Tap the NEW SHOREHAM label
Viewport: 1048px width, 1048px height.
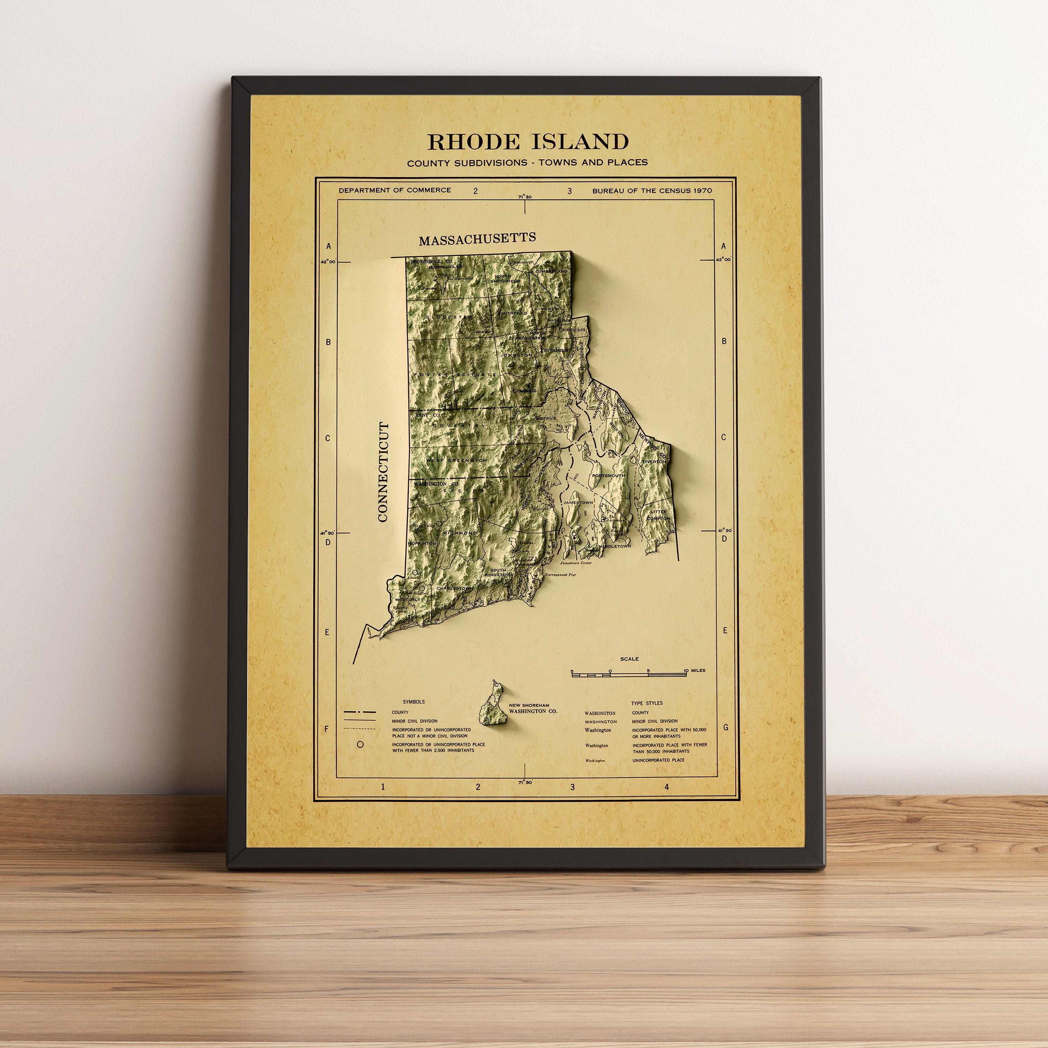tap(529, 705)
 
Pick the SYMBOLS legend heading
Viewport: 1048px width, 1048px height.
tap(414, 702)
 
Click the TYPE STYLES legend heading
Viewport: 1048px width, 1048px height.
tap(647, 703)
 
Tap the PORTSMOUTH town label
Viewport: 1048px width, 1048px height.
tap(608, 475)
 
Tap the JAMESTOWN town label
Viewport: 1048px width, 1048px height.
tap(578, 503)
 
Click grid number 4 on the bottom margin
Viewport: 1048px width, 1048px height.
tap(667, 787)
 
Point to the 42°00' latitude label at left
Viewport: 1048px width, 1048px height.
tap(328, 261)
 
